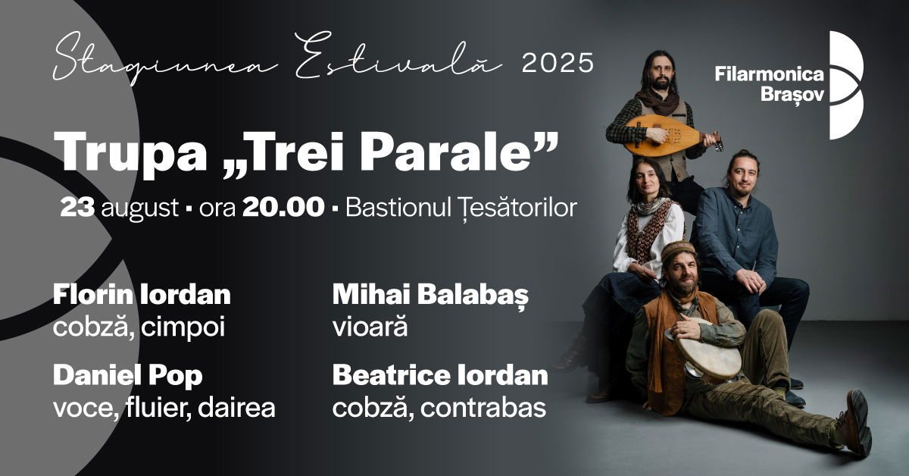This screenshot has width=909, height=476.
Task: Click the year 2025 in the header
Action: tap(558, 63)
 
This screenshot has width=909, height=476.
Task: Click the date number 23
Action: tap(77, 207)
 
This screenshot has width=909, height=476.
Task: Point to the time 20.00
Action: tap(283, 207)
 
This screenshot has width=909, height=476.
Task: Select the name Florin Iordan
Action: tap(142, 295)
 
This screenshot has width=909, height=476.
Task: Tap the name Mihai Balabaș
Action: tap(430, 296)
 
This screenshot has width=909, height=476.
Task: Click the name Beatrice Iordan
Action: tap(440, 376)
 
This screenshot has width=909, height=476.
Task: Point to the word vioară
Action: tap(370, 327)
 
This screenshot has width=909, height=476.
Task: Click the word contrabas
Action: tap(483, 407)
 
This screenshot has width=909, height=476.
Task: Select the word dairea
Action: tap(236, 407)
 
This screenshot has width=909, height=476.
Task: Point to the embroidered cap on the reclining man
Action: tap(678, 249)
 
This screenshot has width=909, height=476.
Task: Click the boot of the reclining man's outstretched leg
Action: tap(855, 423)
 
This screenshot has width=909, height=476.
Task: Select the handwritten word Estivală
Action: tap(398, 58)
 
